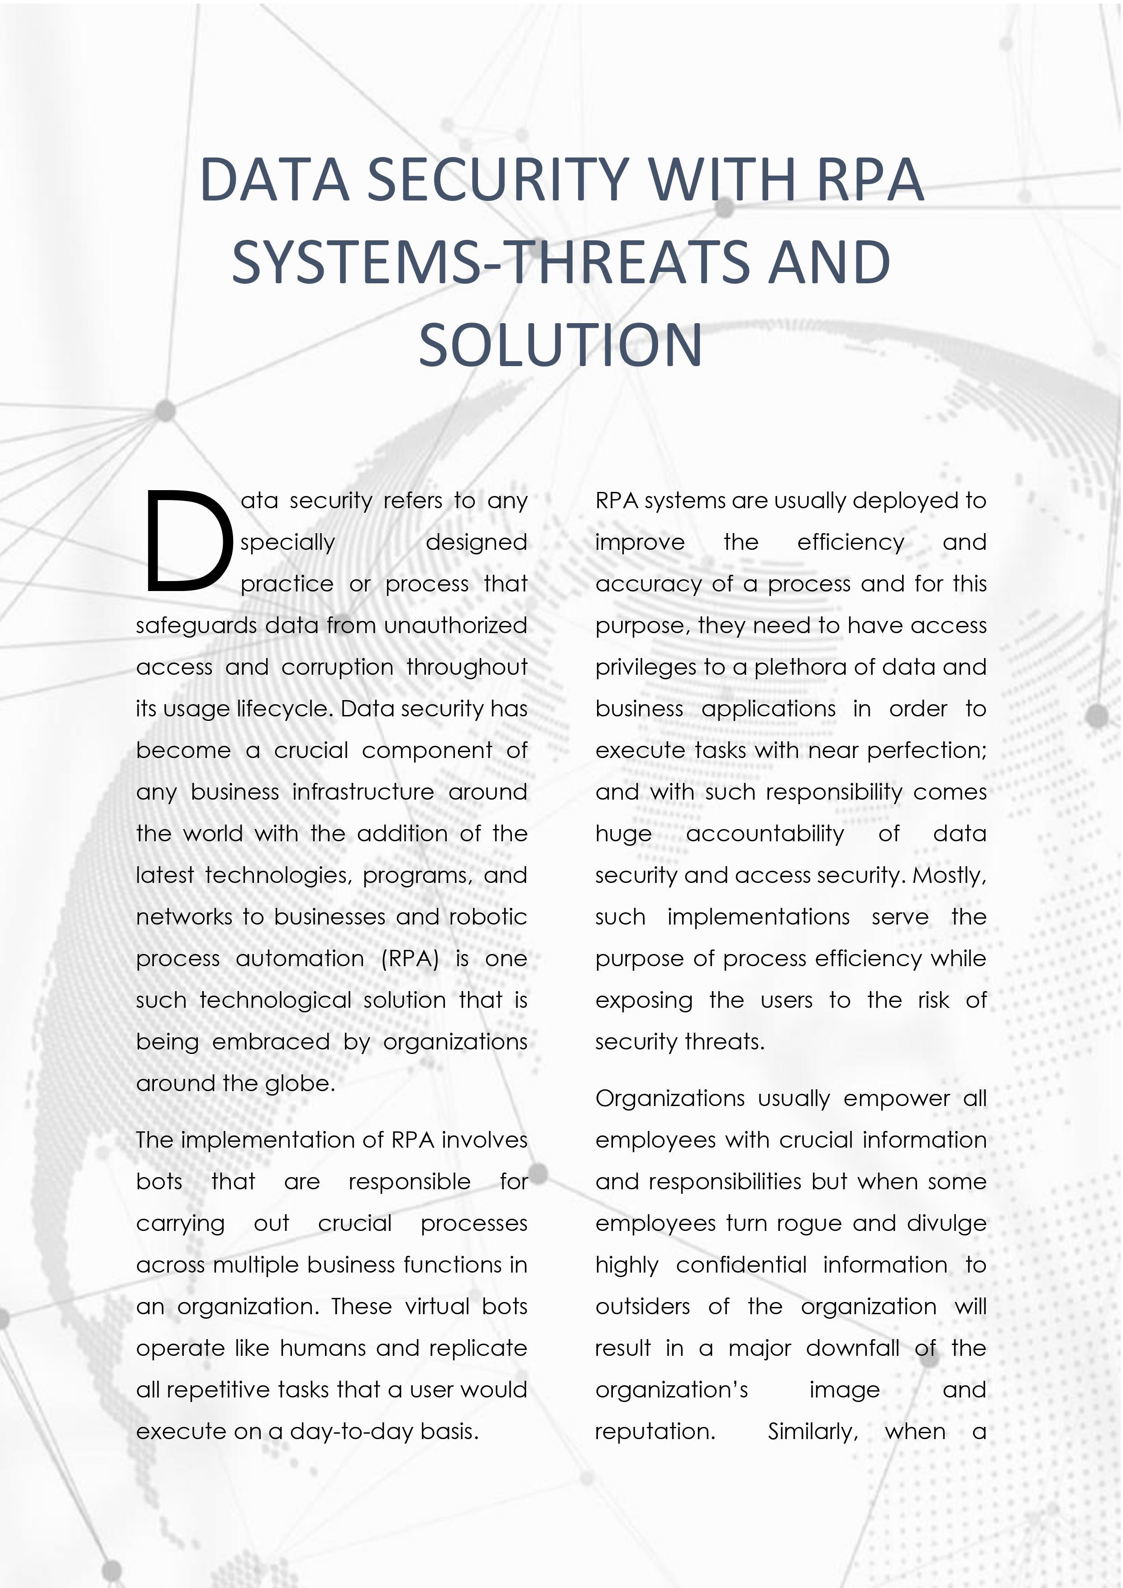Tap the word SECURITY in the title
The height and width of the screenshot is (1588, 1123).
tap(497, 180)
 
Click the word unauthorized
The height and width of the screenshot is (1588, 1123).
tap(455, 625)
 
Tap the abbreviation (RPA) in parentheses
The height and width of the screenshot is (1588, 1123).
tap(410, 959)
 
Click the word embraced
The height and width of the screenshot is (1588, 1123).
tap(271, 1042)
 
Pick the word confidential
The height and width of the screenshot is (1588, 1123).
tap(741, 1265)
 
